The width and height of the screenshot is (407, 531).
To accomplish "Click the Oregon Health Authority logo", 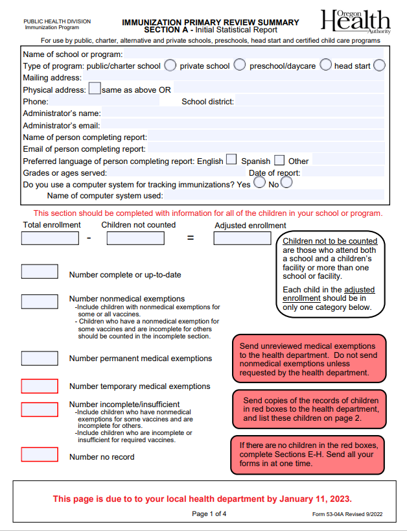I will pyautogui.click(x=356, y=22).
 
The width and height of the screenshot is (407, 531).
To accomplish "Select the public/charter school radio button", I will pyautogui.click(x=170, y=65).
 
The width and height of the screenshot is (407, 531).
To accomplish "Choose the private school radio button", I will pyautogui.click(x=239, y=65).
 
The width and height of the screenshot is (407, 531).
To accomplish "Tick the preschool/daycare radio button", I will pyautogui.click(x=325, y=65).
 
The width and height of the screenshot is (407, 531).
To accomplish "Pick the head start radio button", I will pyautogui.click(x=379, y=65).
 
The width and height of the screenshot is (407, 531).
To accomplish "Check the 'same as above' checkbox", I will pyautogui.click(x=94, y=89).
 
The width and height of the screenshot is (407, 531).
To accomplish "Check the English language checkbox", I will pyautogui.click(x=231, y=160).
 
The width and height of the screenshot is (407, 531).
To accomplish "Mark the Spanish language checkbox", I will pyautogui.click(x=279, y=160).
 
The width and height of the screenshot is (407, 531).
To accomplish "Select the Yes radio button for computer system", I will pyautogui.click(x=259, y=183).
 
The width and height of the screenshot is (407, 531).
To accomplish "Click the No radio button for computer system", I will pyautogui.click(x=286, y=183).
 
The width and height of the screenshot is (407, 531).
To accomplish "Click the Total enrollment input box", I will pyautogui.click(x=50, y=238).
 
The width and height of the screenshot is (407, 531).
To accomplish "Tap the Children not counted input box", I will pyautogui.click(x=135, y=238).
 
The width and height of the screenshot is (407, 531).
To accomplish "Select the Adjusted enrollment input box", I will pyautogui.click(x=242, y=238).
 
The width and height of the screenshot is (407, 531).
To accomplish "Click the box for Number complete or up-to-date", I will pyautogui.click(x=40, y=272).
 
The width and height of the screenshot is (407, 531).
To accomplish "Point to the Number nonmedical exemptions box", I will pyautogui.click(x=40, y=301).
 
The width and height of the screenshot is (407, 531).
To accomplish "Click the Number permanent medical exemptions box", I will pyautogui.click(x=40, y=358).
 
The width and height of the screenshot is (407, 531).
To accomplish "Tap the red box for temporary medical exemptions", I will pyautogui.click(x=40, y=386).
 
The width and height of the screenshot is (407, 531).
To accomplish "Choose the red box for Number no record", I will pyautogui.click(x=40, y=454).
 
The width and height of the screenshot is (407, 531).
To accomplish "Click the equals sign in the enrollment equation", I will pyautogui.click(x=191, y=238).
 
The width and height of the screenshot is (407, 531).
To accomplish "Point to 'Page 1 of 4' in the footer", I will pyautogui.click(x=209, y=514).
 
